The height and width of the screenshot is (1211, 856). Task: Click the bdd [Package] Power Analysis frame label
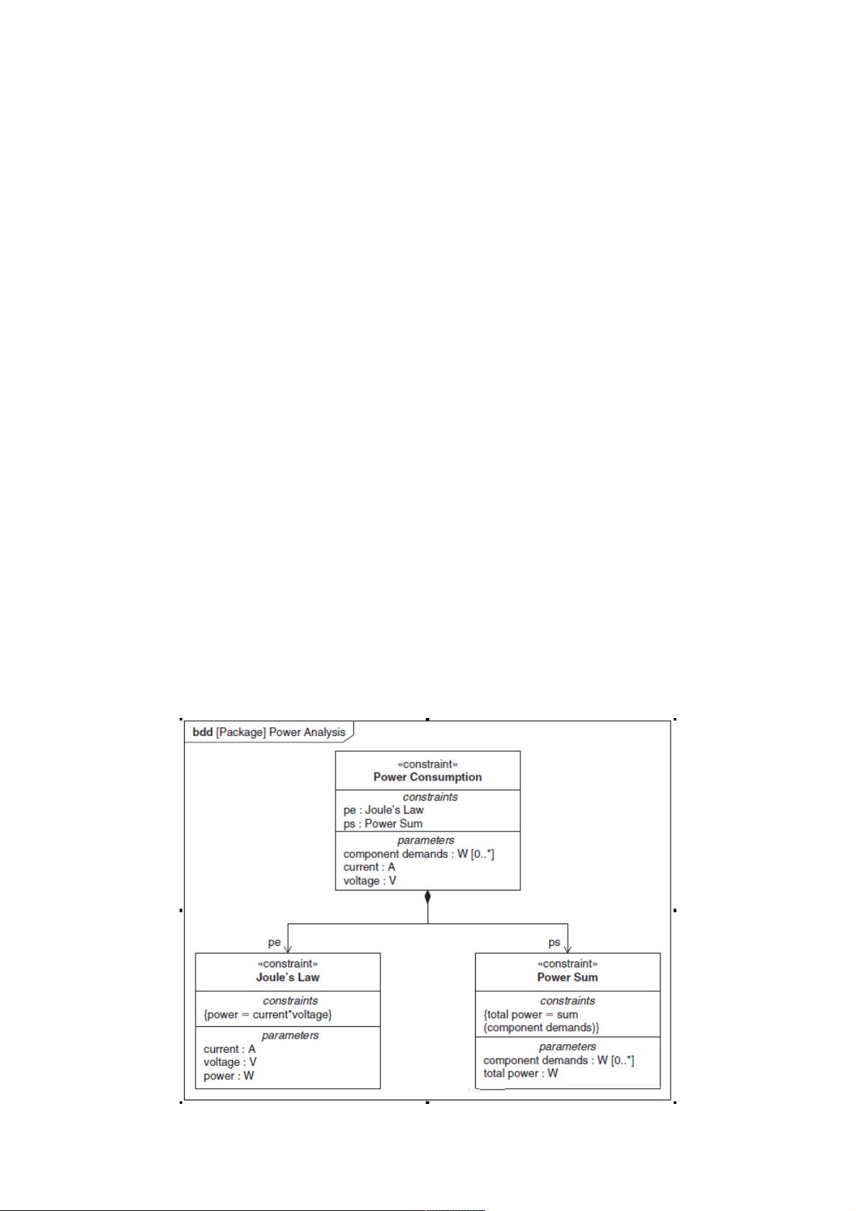pyautogui.click(x=269, y=732)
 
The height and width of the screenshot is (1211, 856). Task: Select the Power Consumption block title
pyautogui.click(x=427, y=777)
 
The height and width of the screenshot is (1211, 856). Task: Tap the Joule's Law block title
pyautogui.click(x=287, y=977)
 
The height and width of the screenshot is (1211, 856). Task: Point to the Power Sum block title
pyautogui.click(x=567, y=977)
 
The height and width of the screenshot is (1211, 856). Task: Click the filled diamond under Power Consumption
pyautogui.click(x=428, y=897)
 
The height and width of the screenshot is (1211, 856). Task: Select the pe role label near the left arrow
pyautogui.click(x=274, y=942)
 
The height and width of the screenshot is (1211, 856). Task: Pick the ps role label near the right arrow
pyautogui.click(x=554, y=942)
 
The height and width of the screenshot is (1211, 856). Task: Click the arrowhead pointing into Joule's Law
pyautogui.click(x=287, y=948)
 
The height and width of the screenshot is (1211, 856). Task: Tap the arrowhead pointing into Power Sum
pyautogui.click(x=567, y=948)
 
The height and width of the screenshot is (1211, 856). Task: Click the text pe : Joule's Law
pyautogui.click(x=383, y=810)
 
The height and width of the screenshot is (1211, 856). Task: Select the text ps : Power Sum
pyautogui.click(x=383, y=824)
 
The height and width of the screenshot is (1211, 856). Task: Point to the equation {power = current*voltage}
pyautogui.click(x=267, y=1014)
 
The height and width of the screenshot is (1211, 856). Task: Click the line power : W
pyautogui.click(x=229, y=1075)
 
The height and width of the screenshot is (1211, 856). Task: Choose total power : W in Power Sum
pyautogui.click(x=520, y=1072)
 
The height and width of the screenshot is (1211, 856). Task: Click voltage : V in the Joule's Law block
pyautogui.click(x=230, y=1062)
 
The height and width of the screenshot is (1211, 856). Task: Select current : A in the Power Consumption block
pyautogui.click(x=369, y=867)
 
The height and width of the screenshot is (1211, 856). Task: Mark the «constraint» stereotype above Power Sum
pyautogui.click(x=567, y=963)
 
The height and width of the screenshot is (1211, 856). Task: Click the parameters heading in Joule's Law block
pyautogui.click(x=290, y=1036)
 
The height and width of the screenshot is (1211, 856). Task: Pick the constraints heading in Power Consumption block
pyautogui.click(x=431, y=797)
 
